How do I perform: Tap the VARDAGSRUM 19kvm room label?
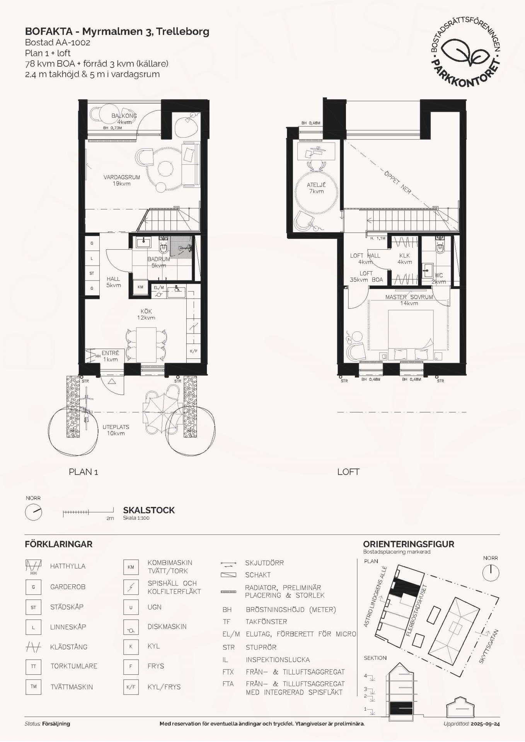(122, 180)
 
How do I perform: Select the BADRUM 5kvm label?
(159, 262)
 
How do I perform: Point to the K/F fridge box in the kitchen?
(193, 351)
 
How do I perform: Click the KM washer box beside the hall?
(140, 287)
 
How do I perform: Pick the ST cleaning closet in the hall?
(92, 273)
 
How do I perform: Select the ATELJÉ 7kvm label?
(316, 188)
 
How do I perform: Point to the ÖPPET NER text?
(397, 182)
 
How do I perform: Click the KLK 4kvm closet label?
(404, 259)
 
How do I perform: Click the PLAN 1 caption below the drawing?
(83, 472)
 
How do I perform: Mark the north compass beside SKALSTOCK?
(33, 512)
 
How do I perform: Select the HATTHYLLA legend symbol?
(33, 567)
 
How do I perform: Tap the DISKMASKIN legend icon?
(131, 627)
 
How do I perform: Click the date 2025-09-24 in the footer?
(485, 724)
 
